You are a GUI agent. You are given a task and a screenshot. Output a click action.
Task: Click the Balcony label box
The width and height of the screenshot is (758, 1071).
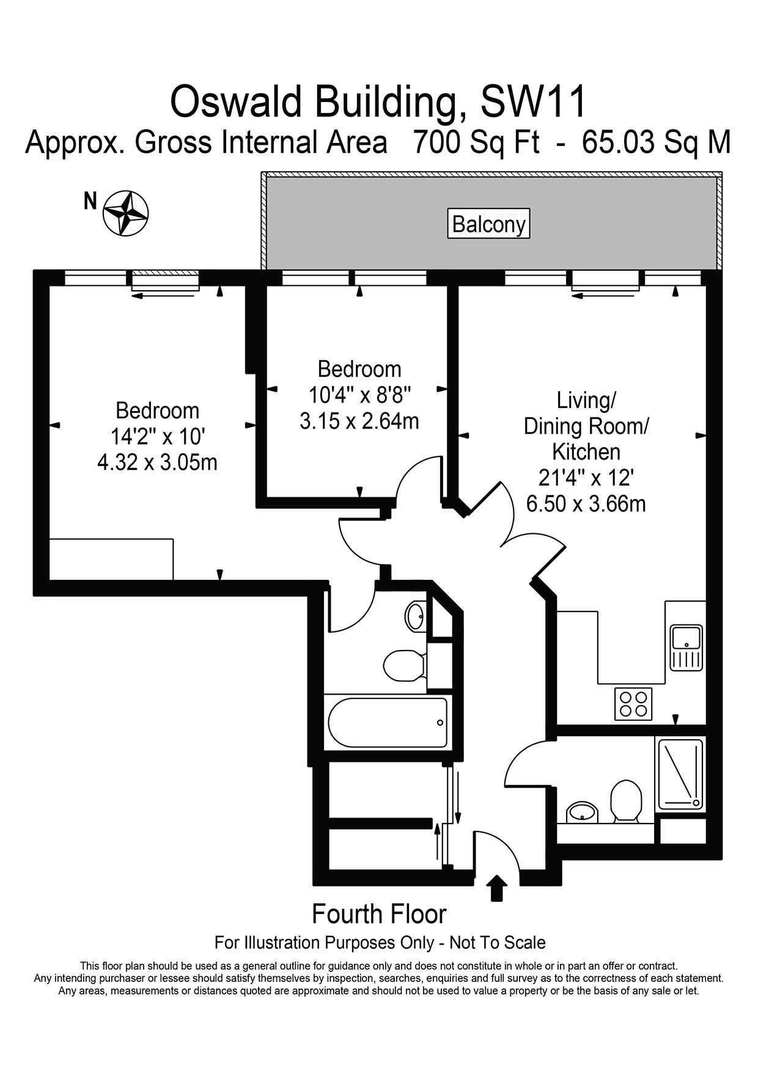tap(489, 224)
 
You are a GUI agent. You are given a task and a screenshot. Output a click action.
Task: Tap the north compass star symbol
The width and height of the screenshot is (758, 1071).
tap(127, 213)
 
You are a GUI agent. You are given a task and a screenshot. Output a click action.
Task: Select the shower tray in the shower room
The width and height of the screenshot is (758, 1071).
tap(679, 773)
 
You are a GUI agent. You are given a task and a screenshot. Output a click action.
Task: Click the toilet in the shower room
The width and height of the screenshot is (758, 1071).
tap(625, 800)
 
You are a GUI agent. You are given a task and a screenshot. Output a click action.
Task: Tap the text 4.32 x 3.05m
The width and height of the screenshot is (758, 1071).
tap(158, 462)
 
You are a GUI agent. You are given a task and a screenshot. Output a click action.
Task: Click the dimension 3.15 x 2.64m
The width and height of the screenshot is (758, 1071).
tap(359, 422)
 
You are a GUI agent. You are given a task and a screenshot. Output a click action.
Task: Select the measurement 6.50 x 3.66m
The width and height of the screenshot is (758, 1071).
tap(586, 504)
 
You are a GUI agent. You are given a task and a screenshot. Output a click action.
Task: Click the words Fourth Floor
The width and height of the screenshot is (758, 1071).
tap(379, 914)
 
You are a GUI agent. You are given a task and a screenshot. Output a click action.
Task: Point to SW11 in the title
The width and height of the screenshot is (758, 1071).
tap(534, 101)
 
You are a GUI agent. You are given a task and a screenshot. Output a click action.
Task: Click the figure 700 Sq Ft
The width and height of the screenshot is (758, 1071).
tap(477, 142)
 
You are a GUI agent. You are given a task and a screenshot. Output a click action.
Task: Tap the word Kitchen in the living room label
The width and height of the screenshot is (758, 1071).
tap(586, 451)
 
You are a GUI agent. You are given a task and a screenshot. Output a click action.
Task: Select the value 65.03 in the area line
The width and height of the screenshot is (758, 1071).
tap(616, 142)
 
